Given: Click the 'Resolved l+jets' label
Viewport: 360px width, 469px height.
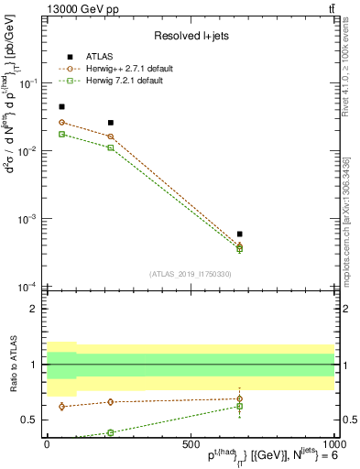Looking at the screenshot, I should pyautogui.click(x=191, y=36).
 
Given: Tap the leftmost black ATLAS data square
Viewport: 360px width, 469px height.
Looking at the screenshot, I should pyautogui.click(x=61, y=107).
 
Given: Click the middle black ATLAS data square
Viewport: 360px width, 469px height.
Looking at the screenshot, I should pyautogui.click(x=111, y=123).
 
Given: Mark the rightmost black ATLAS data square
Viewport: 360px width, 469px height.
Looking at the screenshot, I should pyautogui.click(x=239, y=234).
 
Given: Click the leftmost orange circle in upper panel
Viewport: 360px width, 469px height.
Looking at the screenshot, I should pyautogui.click(x=61, y=123).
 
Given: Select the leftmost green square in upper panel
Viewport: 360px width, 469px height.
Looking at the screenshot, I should pyautogui.click(x=61, y=135).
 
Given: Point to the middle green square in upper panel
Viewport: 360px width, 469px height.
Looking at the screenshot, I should pyautogui.click(x=111, y=147).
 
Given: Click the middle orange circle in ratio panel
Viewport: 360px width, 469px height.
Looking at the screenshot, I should pyautogui.click(x=111, y=402).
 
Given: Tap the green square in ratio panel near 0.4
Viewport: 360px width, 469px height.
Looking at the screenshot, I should pyautogui.click(x=111, y=432).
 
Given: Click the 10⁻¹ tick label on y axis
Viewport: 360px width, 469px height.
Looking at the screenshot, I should pyautogui.click(x=32, y=83).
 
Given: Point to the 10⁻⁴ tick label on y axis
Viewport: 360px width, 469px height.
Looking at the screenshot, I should pyautogui.click(x=32, y=288).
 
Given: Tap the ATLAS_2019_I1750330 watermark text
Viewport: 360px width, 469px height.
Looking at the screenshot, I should pyautogui.click(x=190, y=273).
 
